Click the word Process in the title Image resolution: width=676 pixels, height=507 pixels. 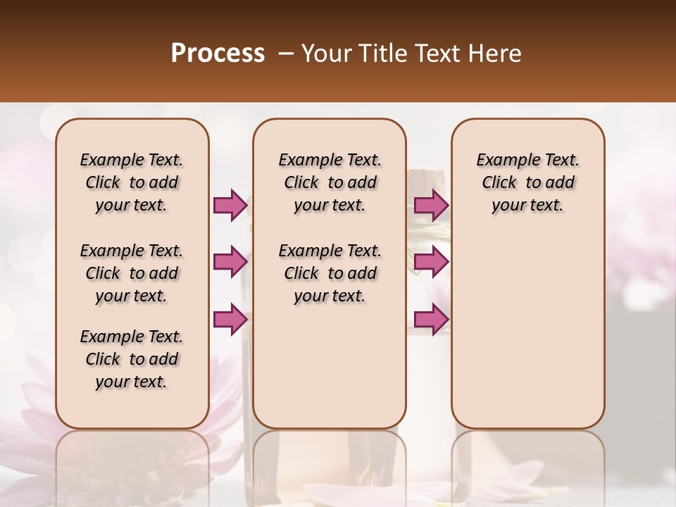[x=218, y=54]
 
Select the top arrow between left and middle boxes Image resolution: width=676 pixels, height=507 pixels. [x=230, y=205]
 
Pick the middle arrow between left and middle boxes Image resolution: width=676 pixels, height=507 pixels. [x=230, y=262]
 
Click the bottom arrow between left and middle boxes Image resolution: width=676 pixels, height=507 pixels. [x=230, y=320]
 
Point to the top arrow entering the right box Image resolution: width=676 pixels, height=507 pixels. [x=431, y=205]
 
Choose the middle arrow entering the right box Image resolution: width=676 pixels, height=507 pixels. [x=431, y=262]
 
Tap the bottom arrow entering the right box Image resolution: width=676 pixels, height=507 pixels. [x=431, y=320]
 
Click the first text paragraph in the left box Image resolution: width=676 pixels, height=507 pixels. [x=132, y=182]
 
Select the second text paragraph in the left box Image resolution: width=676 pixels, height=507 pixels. [x=132, y=273]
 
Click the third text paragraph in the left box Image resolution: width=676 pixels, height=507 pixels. [x=132, y=359]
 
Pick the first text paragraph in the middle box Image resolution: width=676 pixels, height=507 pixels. [x=330, y=182]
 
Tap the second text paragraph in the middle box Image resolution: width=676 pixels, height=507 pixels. [x=330, y=273]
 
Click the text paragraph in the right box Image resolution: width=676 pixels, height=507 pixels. [x=528, y=182]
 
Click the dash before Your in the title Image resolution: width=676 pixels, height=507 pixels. [x=287, y=54]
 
